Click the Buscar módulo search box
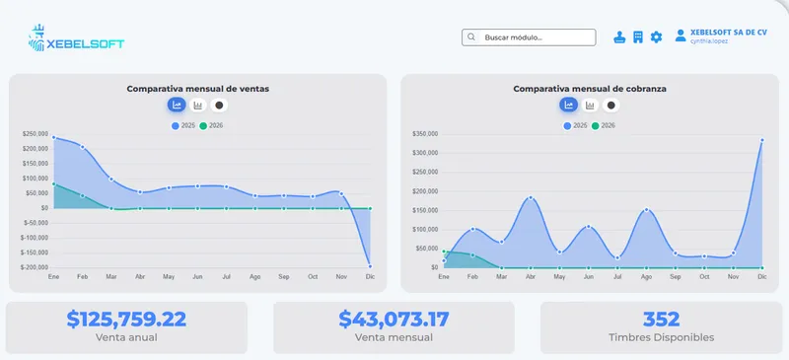click(529, 37)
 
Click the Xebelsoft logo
click(76, 38)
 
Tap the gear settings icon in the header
click(656, 37)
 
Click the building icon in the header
click(638, 37)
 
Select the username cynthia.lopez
click(708, 41)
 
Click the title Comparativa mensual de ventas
click(198, 89)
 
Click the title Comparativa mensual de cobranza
click(590, 89)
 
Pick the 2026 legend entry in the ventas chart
click(211, 126)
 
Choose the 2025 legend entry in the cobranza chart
click(575, 126)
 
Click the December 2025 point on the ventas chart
click(370, 266)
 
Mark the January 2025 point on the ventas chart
click(54, 137)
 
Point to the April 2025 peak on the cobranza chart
click(531, 198)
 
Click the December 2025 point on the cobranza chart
click(761, 140)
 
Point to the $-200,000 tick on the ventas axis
click(35, 267)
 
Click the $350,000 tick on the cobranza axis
click(425, 134)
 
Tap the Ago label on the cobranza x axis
click(646, 277)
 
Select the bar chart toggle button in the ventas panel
click(198, 106)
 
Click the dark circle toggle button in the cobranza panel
click(610, 106)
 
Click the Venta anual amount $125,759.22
click(126, 320)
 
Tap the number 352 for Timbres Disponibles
click(661, 320)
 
